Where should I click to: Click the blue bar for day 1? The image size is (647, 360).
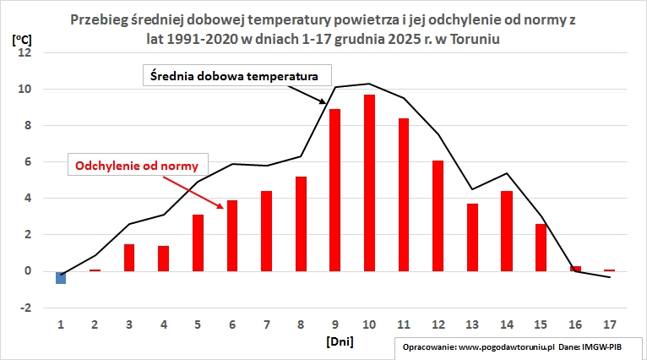[x=61, y=277]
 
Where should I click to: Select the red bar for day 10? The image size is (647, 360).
[x=370, y=183]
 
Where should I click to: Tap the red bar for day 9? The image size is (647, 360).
[x=335, y=190]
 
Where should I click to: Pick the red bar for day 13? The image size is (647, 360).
[x=473, y=237]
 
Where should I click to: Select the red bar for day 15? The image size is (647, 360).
[x=541, y=248]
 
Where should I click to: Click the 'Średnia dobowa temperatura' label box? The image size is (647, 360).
[x=233, y=75]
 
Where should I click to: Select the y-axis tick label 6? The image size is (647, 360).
[x=26, y=162]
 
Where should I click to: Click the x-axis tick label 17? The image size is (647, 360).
[x=610, y=324]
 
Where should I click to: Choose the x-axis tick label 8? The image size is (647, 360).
[x=301, y=324]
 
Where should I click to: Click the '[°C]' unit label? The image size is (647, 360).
[x=22, y=39]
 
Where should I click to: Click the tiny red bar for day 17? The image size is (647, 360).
[x=610, y=270]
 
